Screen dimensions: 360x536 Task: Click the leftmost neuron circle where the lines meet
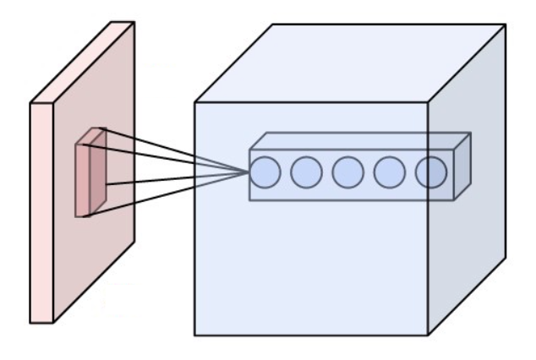tap(265, 172)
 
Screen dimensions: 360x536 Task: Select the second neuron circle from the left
tap(306, 172)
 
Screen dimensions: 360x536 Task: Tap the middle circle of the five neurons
tap(347, 172)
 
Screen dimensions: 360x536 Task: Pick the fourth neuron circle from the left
tap(389, 172)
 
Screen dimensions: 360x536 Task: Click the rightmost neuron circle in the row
tap(430, 172)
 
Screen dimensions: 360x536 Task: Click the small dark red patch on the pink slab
tap(97, 177)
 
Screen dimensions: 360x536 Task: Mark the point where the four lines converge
tap(249, 172)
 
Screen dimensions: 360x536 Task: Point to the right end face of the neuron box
tap(462, 166)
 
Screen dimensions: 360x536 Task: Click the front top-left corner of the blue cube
tap(195, 103)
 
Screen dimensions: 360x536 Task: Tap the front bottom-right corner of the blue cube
tap(428, 335)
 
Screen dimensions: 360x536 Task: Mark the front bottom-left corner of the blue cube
tap(195, 335)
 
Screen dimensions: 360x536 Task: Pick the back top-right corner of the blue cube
tap(506, 25)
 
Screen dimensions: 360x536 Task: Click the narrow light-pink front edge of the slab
tap(41, 211)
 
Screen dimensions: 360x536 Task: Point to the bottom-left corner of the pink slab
tap(31, 322)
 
